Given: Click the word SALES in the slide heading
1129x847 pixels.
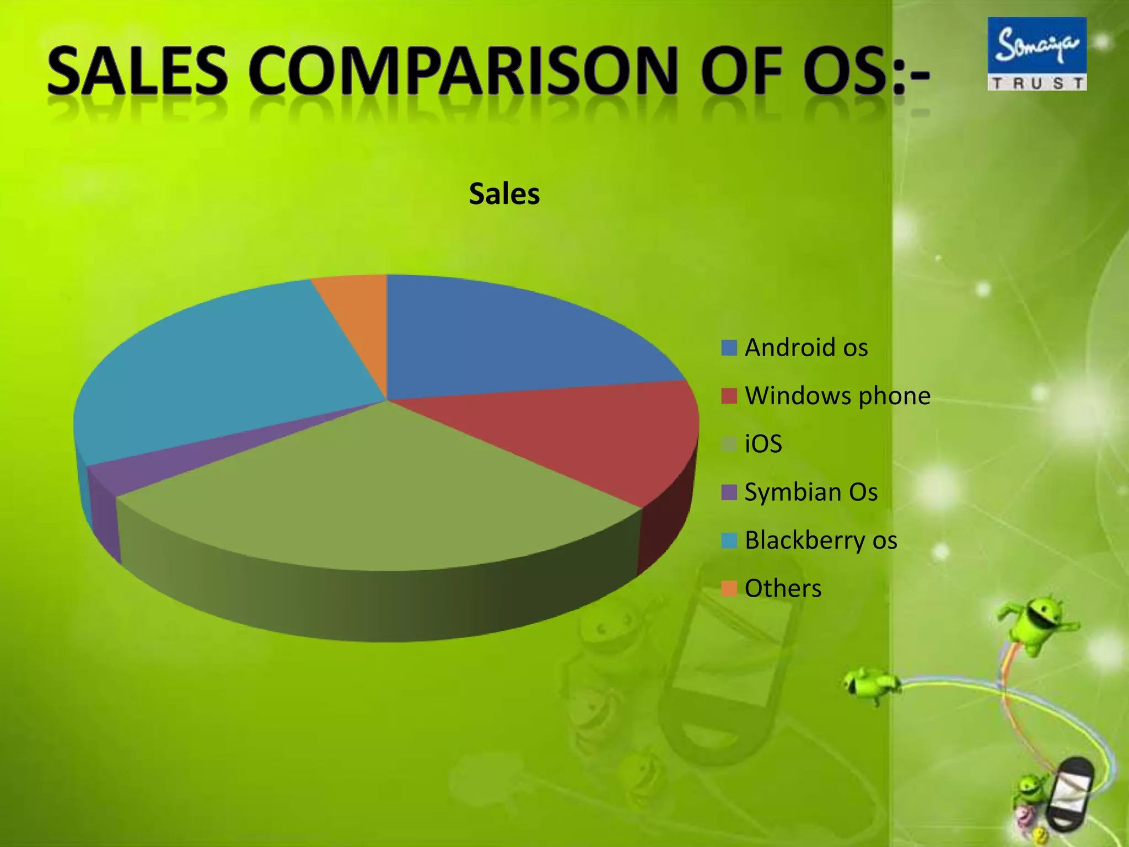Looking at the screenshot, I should pyautogui.click(x=137, y=72).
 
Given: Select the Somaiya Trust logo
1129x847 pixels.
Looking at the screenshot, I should pyautogui.click(x=1036, y=53).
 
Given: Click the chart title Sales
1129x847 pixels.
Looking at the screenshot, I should pyautogui.click(x=504, y=194).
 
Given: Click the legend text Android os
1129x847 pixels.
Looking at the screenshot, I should pyautogui.click(x=806, y=348).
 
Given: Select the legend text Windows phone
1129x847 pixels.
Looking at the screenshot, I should pyautogui.click(x=837, y=396).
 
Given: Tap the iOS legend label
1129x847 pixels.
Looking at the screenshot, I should pyautogui.click(x=763, y=444).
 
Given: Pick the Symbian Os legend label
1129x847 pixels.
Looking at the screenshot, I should pyautogui.click(x=811, y=492).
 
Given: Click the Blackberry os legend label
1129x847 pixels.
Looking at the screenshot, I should pyautogui.click(x=821, y=540).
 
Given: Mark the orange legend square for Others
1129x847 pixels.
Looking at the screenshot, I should pyautogui.click(x=729, y=588).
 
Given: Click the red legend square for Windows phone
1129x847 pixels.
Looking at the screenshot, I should pyautogui.click(x=729, y=396).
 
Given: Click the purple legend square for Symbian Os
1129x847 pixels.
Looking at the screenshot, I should pyautogui.click(x=729, y=492).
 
